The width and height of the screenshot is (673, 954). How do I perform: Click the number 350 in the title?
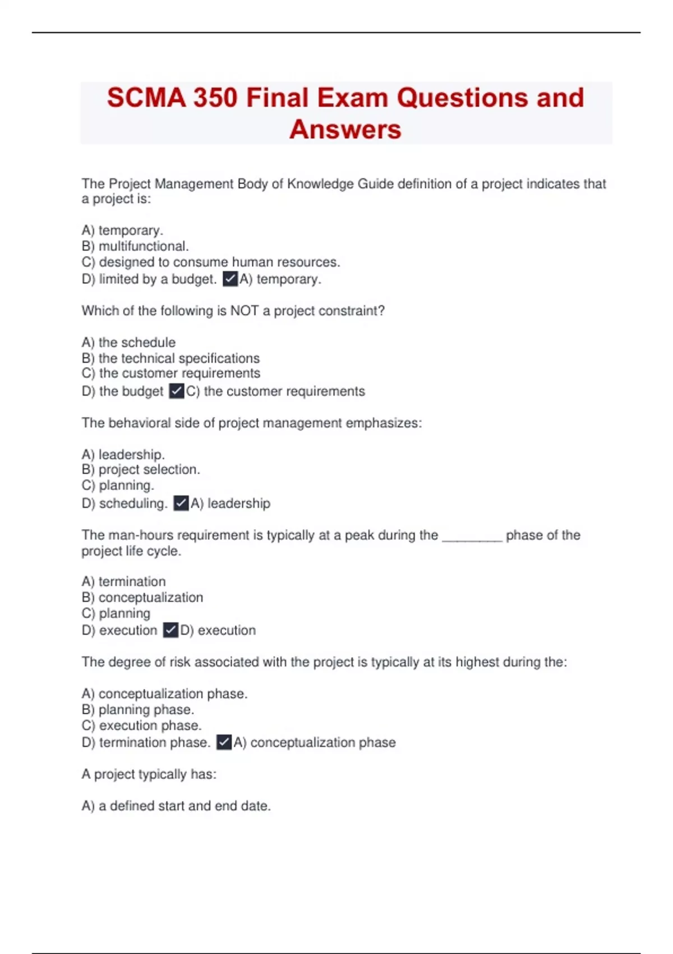tap(215, 98)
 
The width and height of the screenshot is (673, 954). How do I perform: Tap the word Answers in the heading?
tap(345, 130)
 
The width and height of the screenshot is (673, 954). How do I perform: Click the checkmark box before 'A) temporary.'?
tap(230, 279)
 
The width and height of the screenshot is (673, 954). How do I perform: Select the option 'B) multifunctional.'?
tap(135, 246)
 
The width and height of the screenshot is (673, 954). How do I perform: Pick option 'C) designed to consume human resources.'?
tap(211, 262)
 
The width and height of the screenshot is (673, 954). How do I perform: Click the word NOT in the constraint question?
tap(245, 311)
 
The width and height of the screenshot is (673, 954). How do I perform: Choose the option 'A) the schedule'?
tap(128, 342)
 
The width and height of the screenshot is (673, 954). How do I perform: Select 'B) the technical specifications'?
tap(170, 358)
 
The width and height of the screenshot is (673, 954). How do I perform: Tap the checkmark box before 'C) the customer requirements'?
tap(177, 391)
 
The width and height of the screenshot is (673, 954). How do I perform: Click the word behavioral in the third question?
tap(139, 423)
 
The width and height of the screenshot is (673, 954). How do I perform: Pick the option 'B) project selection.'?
tap(141, 469)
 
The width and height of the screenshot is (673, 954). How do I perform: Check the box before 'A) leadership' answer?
tap(181, 503)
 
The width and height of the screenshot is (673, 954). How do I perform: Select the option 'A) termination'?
tap(123, 581)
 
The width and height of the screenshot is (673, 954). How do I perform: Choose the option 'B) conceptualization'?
tap(142, 597)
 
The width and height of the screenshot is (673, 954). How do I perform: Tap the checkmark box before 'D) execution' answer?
tap(170, 630)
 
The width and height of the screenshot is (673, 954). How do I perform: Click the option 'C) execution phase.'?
tap(141, 725)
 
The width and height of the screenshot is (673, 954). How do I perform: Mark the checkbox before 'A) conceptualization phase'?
tap(224, 742)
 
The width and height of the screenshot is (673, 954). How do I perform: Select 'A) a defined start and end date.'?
tap(176, 806)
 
